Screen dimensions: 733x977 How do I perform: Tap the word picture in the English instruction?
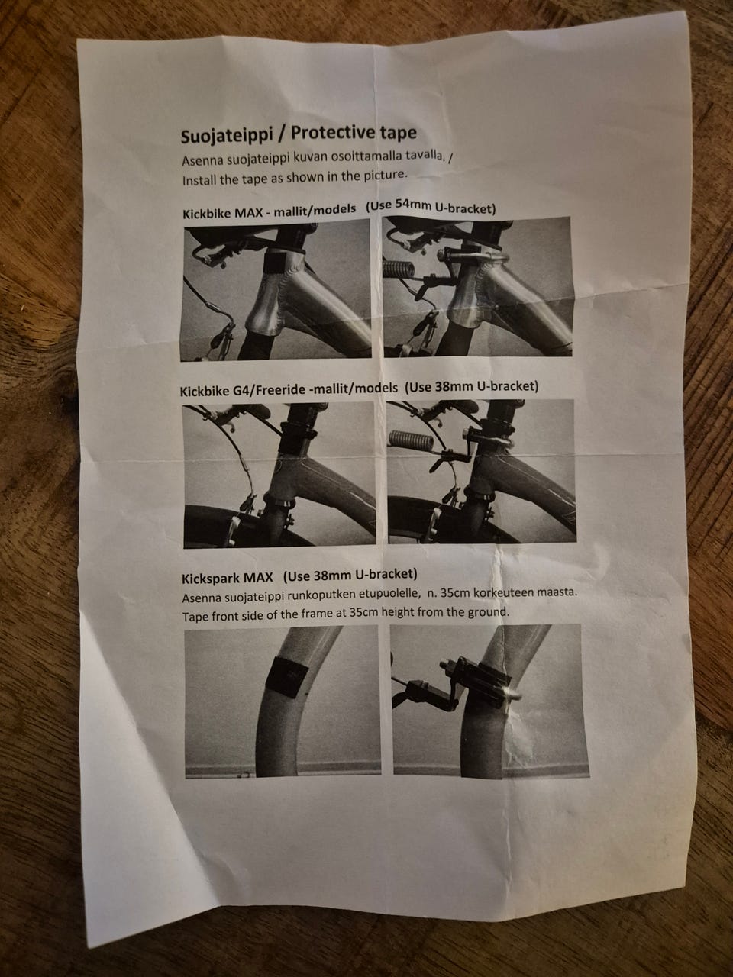tap(385, 176)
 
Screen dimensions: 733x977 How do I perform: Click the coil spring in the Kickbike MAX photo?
tap(398, 269)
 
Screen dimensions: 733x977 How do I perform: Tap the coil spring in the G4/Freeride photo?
tap(410, 440)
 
